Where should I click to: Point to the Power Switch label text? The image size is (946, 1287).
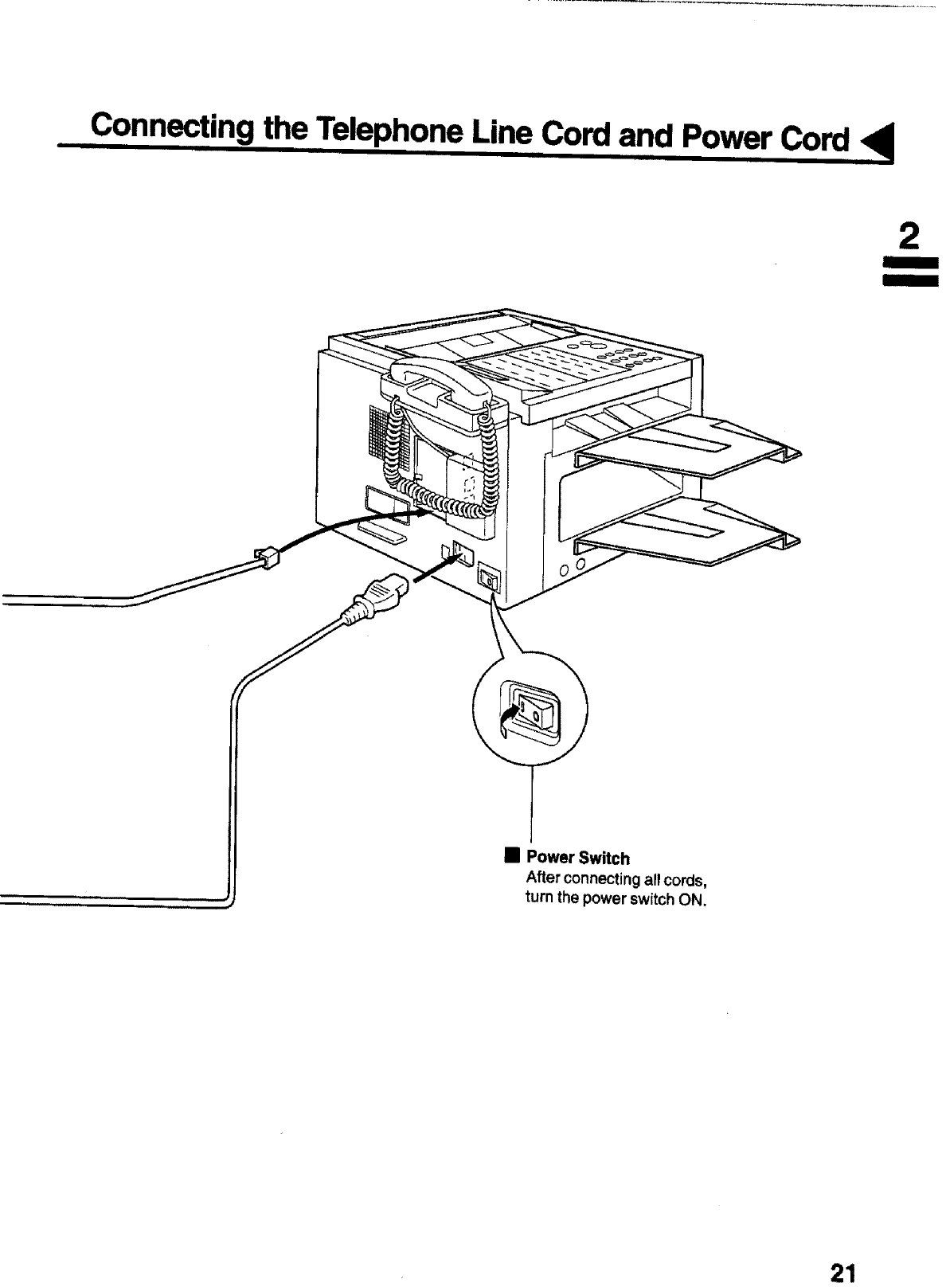click(578, 859)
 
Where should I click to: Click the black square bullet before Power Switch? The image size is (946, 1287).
click(512, 857)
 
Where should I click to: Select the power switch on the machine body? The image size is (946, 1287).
click(488, 579)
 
